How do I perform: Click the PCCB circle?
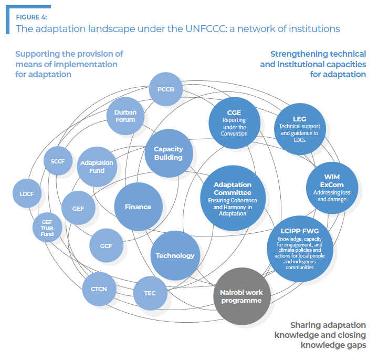tap(165, 89)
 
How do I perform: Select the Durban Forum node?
tap(125, 116)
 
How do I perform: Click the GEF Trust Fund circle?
tap(47, 228)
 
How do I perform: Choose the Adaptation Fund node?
tap(97, 166)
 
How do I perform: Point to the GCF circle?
tap(107, 245)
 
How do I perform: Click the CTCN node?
tap(99, 289)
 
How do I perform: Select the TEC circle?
tap(150, 293)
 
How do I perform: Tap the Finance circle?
tap(138, 207)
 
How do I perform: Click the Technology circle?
tap(175, 255)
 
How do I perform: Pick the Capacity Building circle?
tap(169, 153)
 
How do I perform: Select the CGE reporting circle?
tap(234, 123)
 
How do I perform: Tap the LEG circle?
tap(299, 126)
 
